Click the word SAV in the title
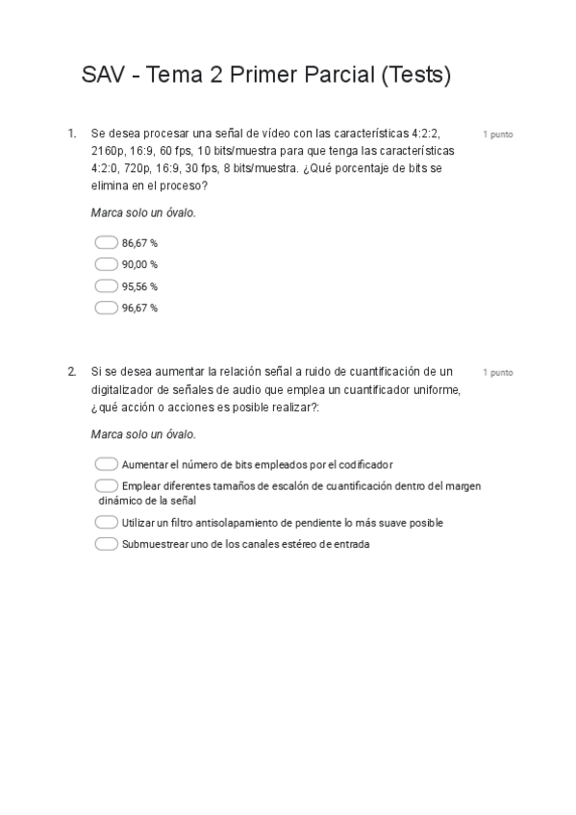[105, 75]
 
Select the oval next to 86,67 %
[107, 243]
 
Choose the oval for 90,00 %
[107, 264]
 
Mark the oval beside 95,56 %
[107, 286]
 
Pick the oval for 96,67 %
[107, 309]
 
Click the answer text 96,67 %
[139, 309]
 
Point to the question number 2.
[71, 372]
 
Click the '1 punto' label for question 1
[497, 135]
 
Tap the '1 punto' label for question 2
[497, 372]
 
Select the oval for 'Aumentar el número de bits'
[107, 464]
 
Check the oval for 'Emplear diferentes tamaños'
[107, 486]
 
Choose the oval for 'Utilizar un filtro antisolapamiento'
[107, 523]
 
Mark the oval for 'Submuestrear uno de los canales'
[107, 544]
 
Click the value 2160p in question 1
[107, 152]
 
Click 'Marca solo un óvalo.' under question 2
[143, 434]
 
